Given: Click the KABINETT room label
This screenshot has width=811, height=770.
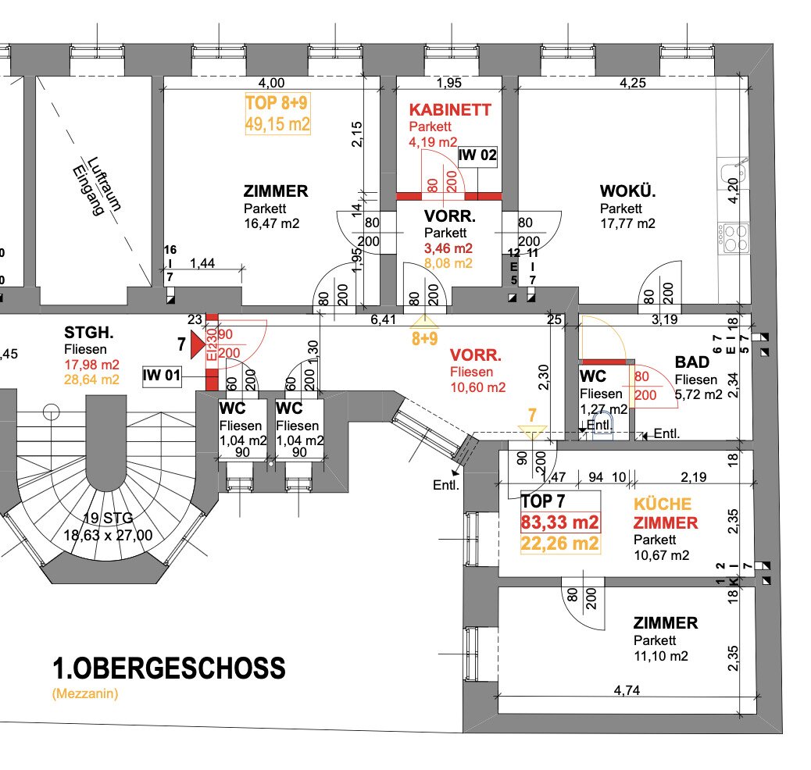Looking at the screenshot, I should (x=450, y=110).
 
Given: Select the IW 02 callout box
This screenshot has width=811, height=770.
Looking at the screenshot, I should (x=477, y=155).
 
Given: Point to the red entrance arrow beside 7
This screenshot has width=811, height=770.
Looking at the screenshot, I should (x=195, y=344).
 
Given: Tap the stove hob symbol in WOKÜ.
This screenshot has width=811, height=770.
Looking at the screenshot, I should (x=734, y=237).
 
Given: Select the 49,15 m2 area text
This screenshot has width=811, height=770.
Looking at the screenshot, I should (x=278, y=124).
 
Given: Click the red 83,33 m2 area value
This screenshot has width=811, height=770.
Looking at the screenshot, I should (x=560, y=522).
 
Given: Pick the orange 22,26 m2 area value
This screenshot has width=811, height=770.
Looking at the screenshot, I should (x=560, y=544).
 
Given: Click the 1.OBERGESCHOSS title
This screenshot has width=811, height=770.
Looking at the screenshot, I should (x=169, y=669).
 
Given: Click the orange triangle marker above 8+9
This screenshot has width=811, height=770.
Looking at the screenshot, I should (x=423, y=321).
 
